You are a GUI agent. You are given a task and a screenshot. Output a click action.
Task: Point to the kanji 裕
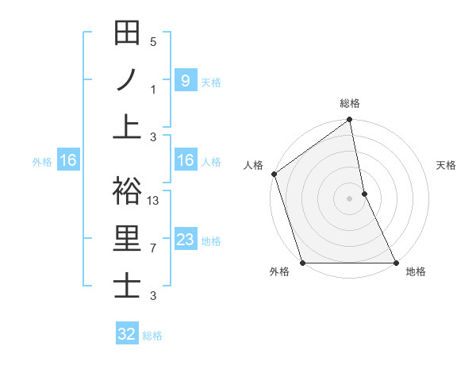pos(127,191)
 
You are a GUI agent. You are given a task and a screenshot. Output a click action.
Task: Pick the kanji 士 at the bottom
pos(127,285)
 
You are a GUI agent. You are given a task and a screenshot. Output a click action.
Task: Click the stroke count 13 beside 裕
pos(153,200)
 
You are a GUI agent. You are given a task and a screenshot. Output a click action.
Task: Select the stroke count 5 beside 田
pos(153,42)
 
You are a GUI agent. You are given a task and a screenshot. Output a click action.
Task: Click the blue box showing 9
pos(185,80)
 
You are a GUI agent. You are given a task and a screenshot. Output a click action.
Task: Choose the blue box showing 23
pos(185,240)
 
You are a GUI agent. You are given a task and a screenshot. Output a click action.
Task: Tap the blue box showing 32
pos(126,334)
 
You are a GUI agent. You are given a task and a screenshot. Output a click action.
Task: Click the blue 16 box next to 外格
pos(67,160)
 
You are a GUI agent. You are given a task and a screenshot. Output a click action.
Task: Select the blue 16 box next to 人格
pos(185,160)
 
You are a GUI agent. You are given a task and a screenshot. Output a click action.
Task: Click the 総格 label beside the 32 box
pos(152,336)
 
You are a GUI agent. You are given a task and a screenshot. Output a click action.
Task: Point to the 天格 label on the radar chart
pos(446,165)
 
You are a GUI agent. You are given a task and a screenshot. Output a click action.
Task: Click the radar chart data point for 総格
pos(349,121)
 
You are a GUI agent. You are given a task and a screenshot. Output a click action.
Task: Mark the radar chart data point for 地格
pos(395,262)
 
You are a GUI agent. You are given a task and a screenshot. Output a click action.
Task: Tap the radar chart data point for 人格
pos(274,174)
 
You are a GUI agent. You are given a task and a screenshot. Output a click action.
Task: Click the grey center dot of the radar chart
pos(349,198)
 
